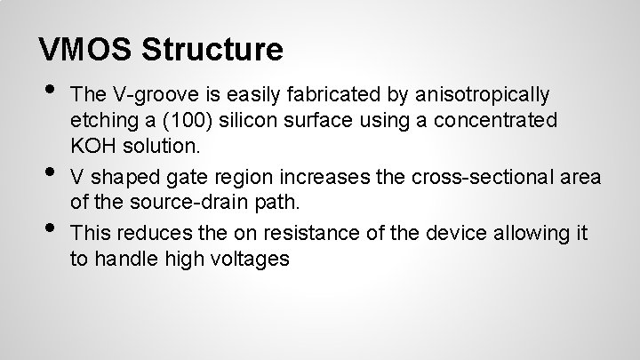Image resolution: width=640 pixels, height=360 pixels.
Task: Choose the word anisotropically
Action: pyautogui.click(x=487, y=94)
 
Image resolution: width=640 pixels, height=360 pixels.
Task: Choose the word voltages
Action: pyautogui.click(x=246, y=260)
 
